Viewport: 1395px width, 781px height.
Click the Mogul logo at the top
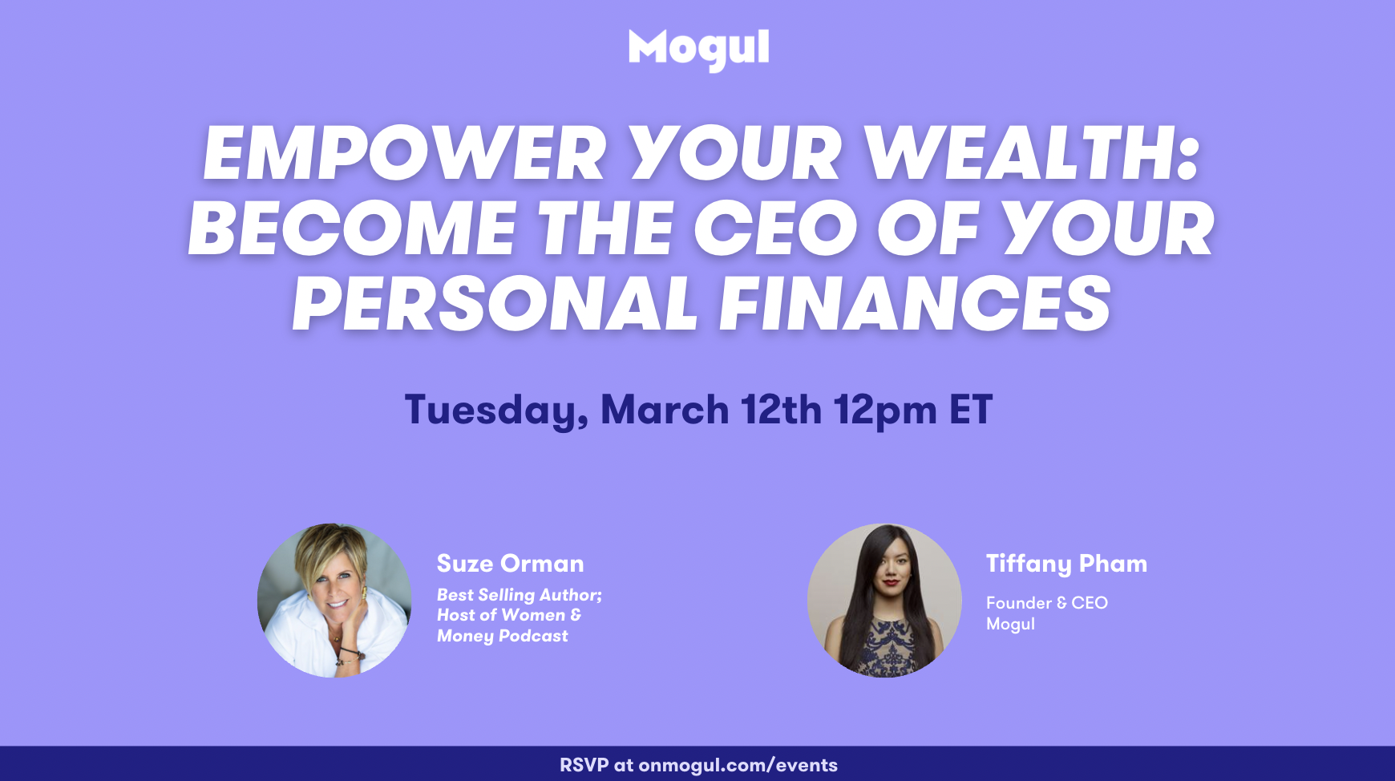698,50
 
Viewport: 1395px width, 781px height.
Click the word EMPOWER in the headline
405,153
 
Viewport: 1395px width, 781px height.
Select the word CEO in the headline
776,229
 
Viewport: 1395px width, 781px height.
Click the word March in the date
665,410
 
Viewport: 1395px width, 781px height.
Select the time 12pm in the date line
885,411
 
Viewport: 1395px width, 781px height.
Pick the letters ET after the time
971,410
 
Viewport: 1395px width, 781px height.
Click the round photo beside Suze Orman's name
334,601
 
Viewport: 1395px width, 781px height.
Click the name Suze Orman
510,564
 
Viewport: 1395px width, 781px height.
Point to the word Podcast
533,636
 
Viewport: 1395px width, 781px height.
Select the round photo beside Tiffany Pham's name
884,601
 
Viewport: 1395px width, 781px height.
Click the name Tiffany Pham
1066,565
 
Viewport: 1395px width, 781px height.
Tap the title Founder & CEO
1047,603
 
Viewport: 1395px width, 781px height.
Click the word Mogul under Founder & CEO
1010,624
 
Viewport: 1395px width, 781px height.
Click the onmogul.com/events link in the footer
738,765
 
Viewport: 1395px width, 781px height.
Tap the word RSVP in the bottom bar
584,765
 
